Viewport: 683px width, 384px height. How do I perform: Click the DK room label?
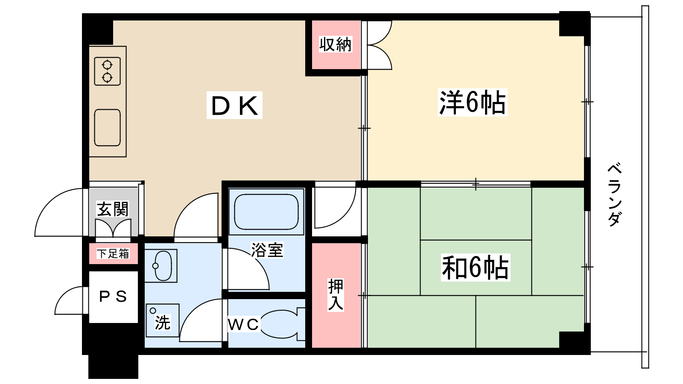point(234,105)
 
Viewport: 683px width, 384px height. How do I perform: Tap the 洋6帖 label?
point(472,103)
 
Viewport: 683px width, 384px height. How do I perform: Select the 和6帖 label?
point(475,268)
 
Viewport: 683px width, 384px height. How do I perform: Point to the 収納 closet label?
point(336,44)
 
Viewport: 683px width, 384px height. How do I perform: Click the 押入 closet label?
point(336,294)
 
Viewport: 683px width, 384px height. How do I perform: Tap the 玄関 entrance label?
point(113,209)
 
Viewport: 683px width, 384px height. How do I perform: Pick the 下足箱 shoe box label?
point(113,254)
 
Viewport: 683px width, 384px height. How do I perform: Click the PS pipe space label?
point(113,297)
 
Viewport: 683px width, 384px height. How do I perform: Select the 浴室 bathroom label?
point(267,250)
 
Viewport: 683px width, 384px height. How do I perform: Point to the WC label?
point(243,325)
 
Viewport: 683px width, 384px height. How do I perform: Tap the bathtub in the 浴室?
point(266,212)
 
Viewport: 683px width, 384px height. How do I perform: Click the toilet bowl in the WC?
point(280,324)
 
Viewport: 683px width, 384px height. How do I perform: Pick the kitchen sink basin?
point(107,128)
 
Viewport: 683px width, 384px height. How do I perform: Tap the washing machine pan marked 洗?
point(162,320)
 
